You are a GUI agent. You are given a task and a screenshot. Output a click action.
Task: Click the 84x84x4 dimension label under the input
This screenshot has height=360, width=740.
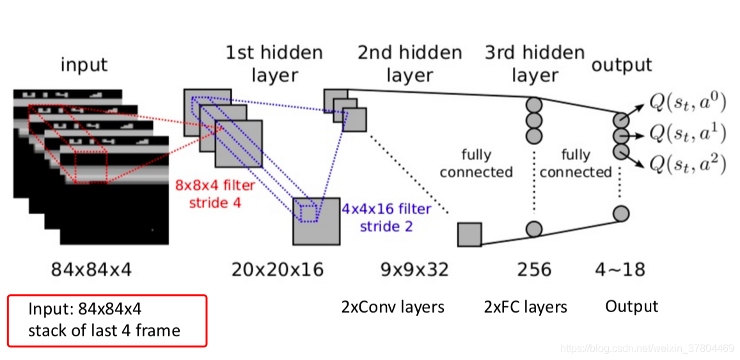pos(91,270)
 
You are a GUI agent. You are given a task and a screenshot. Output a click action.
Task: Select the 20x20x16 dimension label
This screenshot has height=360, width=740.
pos(278,270)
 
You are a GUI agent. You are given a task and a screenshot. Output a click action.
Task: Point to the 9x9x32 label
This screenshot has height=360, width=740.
pos(414,270)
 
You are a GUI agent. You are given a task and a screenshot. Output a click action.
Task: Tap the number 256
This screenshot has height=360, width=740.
pos(534,270)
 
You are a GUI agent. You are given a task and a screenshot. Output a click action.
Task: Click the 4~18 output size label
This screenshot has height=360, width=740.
pos(620,270)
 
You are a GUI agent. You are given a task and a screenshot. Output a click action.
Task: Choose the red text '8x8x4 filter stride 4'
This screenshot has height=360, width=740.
pos(216,194)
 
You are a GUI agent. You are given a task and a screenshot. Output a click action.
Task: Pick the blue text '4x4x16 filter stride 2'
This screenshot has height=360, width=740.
pos(386,217)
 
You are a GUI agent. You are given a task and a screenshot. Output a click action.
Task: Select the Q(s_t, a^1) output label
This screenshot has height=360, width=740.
pos(687,133)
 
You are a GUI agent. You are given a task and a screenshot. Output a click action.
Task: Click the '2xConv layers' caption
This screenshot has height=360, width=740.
pos(393,307)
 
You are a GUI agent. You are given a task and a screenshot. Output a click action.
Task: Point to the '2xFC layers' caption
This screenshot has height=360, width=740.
pos(526,307)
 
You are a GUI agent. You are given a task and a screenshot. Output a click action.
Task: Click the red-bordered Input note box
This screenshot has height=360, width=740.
pos(107,320)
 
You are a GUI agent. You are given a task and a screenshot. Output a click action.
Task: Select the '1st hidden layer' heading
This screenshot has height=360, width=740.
pos(274,63)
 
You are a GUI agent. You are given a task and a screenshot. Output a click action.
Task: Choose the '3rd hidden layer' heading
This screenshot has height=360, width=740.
pos(535,63)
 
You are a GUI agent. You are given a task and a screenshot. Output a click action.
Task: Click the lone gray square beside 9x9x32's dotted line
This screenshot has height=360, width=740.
pos(469,234)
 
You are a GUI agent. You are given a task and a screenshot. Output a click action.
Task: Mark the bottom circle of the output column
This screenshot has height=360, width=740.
pos(620,214)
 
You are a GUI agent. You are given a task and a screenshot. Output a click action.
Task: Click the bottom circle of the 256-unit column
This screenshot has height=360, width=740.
pos(534,228)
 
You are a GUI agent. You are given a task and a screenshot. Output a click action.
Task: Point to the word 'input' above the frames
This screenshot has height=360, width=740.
pos(84,65)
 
